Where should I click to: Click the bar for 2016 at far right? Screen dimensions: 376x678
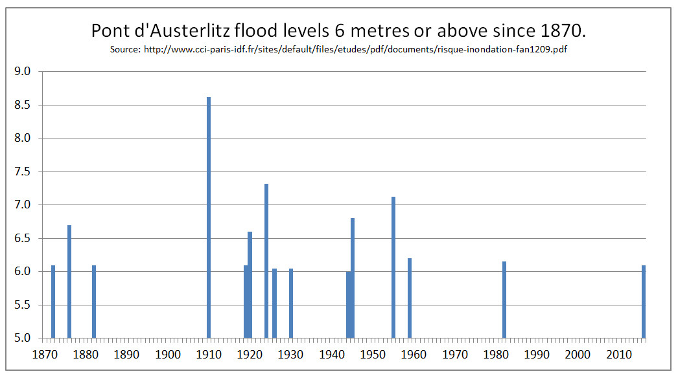[644, 302]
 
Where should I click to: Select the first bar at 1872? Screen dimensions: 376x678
[53, 302]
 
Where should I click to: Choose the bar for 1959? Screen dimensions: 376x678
[410, 298]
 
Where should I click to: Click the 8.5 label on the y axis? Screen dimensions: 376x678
[23, 105]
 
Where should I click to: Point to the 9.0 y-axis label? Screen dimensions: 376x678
[23, 71]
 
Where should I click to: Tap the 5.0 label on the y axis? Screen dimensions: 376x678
[23, 338]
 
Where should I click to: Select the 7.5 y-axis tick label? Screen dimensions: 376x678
[23, 171]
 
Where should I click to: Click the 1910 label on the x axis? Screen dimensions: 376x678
[209, 354]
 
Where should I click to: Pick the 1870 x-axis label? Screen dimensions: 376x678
[45, 354]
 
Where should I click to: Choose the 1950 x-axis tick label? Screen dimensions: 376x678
[373, 354]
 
